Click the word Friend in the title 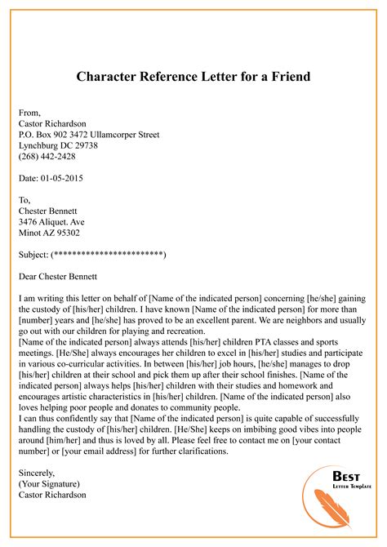(285, 77)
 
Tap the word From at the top (29, 112)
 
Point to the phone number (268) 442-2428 (47, 156)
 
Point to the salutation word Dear (27, 278)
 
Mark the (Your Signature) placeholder (51, 483)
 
